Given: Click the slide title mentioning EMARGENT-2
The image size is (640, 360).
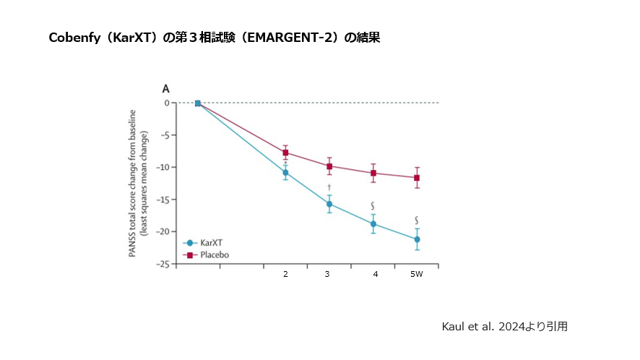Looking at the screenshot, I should point(214,38).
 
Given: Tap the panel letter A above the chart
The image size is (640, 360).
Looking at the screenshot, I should point(165,89).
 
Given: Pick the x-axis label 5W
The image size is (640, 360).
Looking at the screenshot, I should point(417,275).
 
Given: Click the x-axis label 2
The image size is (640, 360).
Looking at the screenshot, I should point(285,275).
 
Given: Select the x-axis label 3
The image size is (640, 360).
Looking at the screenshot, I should point(327,275).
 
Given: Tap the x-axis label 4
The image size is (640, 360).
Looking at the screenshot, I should point(376,275).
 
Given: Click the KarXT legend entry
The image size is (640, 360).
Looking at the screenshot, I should point(205,244).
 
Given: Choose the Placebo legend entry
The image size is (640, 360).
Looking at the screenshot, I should point(207,255).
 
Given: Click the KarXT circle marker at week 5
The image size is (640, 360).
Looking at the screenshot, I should point(418,239).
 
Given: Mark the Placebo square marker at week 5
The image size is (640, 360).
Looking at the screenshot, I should point(418,178).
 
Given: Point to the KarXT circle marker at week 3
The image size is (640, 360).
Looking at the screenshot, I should point(329,204).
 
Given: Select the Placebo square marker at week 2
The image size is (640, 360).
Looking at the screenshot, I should point(285,153).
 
